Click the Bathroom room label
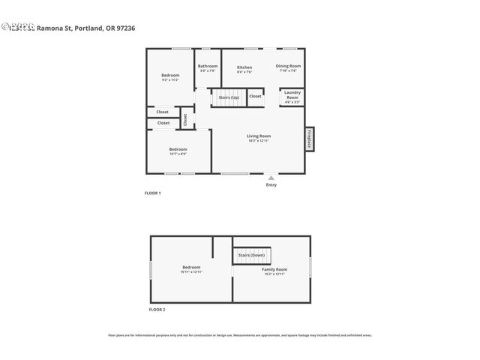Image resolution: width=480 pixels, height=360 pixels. point(208,66)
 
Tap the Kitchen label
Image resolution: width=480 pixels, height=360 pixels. point(244,67)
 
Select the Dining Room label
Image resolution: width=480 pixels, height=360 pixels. point(289,66)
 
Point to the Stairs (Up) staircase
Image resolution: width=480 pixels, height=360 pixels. point(229,97)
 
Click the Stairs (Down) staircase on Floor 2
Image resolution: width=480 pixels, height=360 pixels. point(253,255)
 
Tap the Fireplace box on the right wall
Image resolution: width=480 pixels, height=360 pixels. point(309,139)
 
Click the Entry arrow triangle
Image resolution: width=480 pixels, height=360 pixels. point(271,178)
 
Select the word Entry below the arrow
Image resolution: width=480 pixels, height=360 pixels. point(271,184)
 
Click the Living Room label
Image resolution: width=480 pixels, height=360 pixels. point(258,136)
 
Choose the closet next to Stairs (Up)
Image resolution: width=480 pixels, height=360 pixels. point(255,96)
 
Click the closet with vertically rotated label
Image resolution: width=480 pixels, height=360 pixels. point(185,119)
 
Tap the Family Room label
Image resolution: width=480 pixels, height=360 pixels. point(274,269)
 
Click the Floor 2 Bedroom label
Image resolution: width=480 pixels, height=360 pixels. point(191,267)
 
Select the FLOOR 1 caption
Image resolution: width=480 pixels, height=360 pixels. point(153,193)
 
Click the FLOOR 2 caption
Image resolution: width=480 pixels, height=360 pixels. point(157,309)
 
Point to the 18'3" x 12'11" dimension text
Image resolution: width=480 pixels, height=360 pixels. point(258,140)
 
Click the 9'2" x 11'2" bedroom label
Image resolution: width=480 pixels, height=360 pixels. point(170,78)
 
